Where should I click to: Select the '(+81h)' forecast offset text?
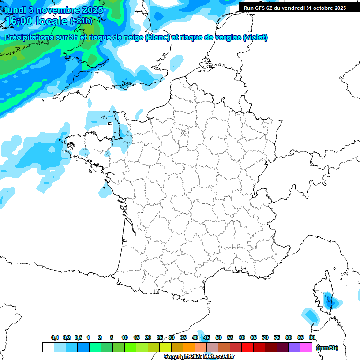coord(82,22)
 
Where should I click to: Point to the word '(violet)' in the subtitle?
coord(255,37)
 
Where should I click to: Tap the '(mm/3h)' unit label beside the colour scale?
coord(327,348)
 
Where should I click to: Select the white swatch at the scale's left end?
coord(48,347)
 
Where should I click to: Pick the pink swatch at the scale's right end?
coord(306,347)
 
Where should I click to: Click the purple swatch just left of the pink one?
coord(294,347)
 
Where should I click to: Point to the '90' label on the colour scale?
coord(312,337)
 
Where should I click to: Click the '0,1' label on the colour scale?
coord(54,337)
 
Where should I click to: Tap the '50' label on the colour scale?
coord(218,337)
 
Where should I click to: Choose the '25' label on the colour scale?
coord(160,337)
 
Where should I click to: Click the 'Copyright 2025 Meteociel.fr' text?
coord(199,357)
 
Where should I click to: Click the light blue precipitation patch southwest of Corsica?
coord(310,315)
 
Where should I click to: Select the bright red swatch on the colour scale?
coord(247,347)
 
